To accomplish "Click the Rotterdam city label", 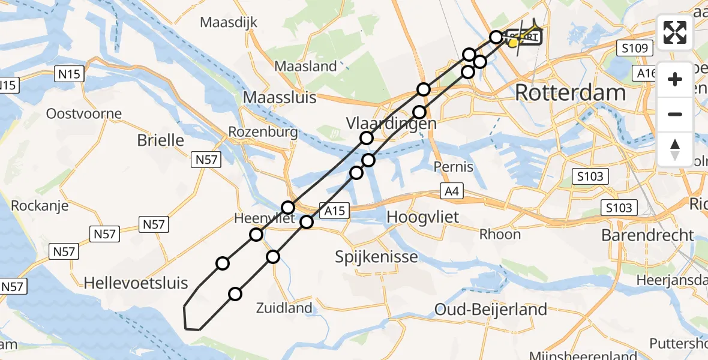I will [x=570, y=93].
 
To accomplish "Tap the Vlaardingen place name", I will [x=391, y=124].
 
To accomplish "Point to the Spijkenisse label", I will [x=377, y=257].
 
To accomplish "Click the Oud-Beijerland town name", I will [x=491, y=310].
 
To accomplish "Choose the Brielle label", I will [x=160, y=140].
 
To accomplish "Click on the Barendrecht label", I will [x=647, y=235].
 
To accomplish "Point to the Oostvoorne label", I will [x=84, y=113].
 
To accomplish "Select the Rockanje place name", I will [x=39, y=206].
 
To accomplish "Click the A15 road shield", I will [x=335, y=211].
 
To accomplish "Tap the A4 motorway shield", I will [x=452, y=191].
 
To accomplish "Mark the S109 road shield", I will [x=635, y=48].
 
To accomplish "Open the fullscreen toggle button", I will [x=675, y=32].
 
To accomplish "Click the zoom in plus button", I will [x=675, y=79].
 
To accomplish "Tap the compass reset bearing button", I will [x=675, y=149].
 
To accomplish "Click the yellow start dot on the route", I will [x=514, y=43].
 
